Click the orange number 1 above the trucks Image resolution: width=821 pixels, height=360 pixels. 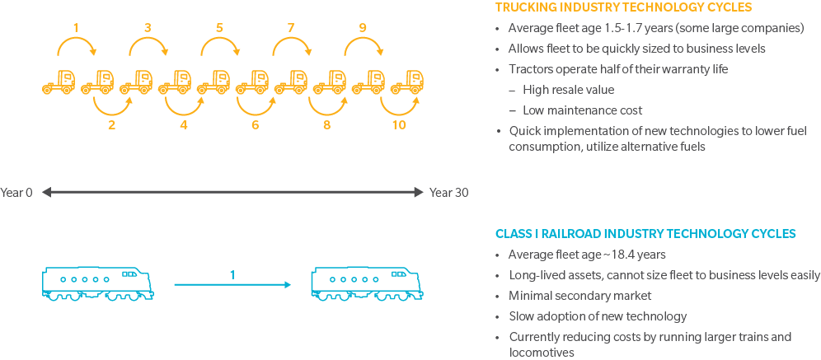click(76, 28)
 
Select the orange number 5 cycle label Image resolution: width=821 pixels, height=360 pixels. click(219, 28)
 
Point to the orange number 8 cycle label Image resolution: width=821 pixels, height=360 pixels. click(327, 125)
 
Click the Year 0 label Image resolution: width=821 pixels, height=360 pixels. click(16, 193)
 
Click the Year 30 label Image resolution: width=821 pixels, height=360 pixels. click(448, 193)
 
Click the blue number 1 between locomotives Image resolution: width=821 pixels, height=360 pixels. click(232, 274)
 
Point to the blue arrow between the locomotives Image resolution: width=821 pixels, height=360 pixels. click(232, 285)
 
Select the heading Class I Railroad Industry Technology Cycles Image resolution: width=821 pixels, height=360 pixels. click(645, 234)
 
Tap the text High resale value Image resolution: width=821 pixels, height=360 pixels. click(568, 90)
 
